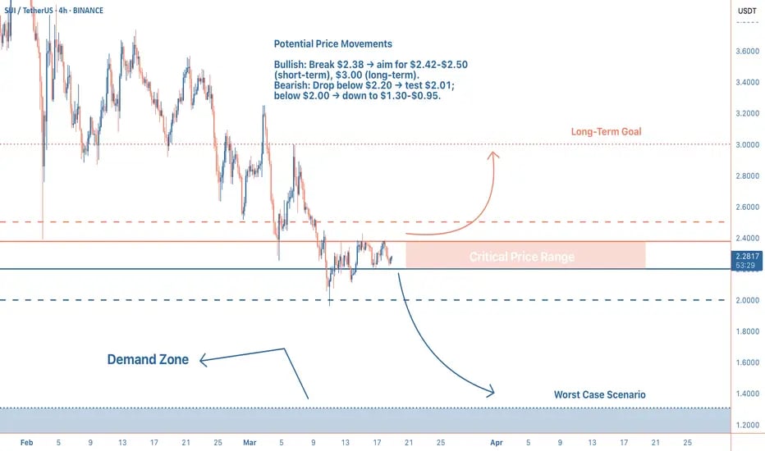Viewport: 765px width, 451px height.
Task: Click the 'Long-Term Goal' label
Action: pyautogui.click(x=606, y=132)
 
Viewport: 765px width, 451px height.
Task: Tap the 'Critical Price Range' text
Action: pyautogui.click(x=521, y=257)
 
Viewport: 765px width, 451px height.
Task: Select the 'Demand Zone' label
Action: pyautogui.click(x=148, y=359)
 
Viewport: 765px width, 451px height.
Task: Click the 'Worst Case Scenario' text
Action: pyautogui.click(x=599, y=394)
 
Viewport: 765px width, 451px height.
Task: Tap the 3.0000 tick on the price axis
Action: pyautogui.click(x=746, y=144)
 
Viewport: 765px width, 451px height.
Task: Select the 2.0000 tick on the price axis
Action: pyautogui.click(x=746, y=300)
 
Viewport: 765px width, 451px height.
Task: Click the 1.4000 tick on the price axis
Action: pyautogui.click(x=746, y=394)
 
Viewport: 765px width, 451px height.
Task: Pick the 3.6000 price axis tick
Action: pyautogui.click(x=746, y=51)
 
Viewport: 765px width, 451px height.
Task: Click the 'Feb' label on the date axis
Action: pyautogui.click(x=26, y=441)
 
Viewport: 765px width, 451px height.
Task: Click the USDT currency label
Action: pyautogui.click(x=747, y=11)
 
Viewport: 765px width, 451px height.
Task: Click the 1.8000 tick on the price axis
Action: pyautogui.click(x=746, y=331)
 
